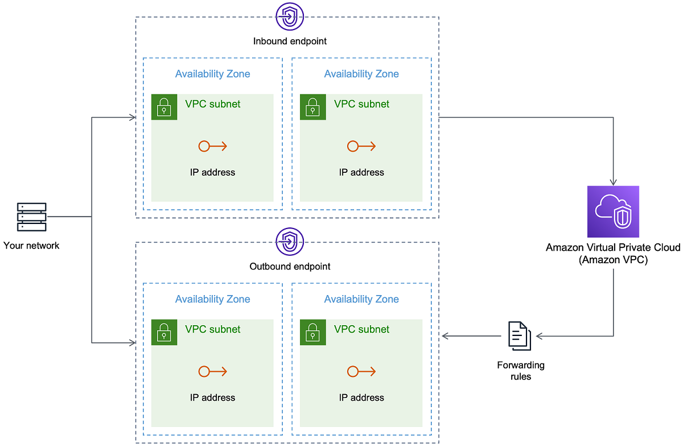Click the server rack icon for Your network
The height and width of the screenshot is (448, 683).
32,217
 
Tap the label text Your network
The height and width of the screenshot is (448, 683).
31,246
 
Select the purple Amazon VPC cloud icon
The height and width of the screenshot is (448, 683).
613,211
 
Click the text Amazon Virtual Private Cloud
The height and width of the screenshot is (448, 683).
613,247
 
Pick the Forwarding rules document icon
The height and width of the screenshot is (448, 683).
519,336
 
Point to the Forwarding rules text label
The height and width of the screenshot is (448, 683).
521,370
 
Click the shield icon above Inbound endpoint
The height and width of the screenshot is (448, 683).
289,16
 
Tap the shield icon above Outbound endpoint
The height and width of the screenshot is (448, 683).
289,242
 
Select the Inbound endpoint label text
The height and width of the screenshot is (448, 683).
290,42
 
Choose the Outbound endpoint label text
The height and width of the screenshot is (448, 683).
290,266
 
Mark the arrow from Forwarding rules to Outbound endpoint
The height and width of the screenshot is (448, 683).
471,336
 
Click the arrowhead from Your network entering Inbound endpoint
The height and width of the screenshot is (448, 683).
132,118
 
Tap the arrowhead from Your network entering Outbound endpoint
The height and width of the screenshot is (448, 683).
132,343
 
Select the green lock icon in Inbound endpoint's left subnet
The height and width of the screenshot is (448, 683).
164,107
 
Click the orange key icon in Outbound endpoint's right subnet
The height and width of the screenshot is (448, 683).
361,371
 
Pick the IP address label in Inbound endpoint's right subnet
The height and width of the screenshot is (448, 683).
361,172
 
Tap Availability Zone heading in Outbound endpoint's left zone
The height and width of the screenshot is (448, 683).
212,299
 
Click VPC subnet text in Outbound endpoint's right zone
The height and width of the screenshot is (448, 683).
361,329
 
